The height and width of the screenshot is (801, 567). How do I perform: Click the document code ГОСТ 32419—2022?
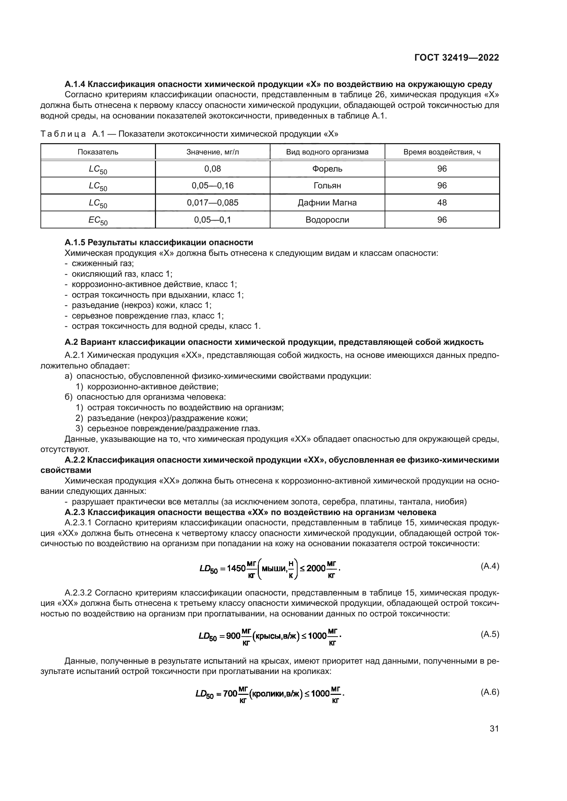(x=456, y=58)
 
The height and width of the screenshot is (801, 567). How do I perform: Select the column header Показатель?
(x=98, y=152)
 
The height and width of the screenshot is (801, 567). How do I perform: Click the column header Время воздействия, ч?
(x=442, y=152)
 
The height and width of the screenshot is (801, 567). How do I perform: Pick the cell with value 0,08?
(x=212, y=169)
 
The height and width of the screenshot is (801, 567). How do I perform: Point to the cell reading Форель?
(x=327, y=169)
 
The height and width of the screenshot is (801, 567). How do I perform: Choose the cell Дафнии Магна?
(x=327, y=203)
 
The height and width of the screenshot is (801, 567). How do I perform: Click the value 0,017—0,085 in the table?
(x=212, y=203)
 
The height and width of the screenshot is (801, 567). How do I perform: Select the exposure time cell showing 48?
(x=442, y=203)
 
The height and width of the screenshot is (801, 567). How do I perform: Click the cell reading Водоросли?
(x=327, y=220)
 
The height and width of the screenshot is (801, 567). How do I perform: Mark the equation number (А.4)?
(x=490, y=566)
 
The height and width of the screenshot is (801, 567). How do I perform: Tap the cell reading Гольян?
(x=327, y=186)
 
